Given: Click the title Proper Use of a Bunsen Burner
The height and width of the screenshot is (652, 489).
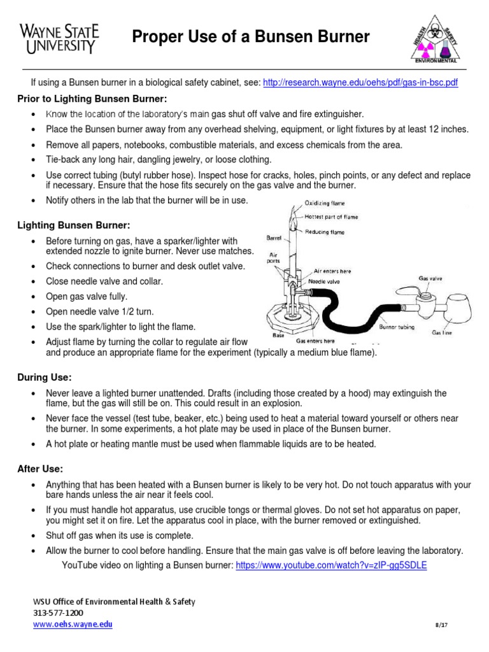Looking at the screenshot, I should [x=250, y=38].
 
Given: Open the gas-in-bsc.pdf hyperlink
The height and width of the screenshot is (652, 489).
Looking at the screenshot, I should [x=360, y=83].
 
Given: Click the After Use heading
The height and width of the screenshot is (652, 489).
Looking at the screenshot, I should [x=40, y=469].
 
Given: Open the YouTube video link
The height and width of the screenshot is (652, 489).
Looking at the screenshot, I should [x=331, y=565].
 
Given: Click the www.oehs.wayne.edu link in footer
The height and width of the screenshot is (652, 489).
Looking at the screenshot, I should [x=73, y=625].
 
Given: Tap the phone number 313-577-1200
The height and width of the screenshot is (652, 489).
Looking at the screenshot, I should [x=58, y=613].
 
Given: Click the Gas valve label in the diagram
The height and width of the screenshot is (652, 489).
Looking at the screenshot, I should [x=430, y=278].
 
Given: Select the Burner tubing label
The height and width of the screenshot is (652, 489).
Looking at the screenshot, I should [x=397, y=327].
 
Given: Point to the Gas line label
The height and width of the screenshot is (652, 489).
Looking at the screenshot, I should [x=443, y=332].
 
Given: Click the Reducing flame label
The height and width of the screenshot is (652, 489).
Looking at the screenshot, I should [x=325, y=232].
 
